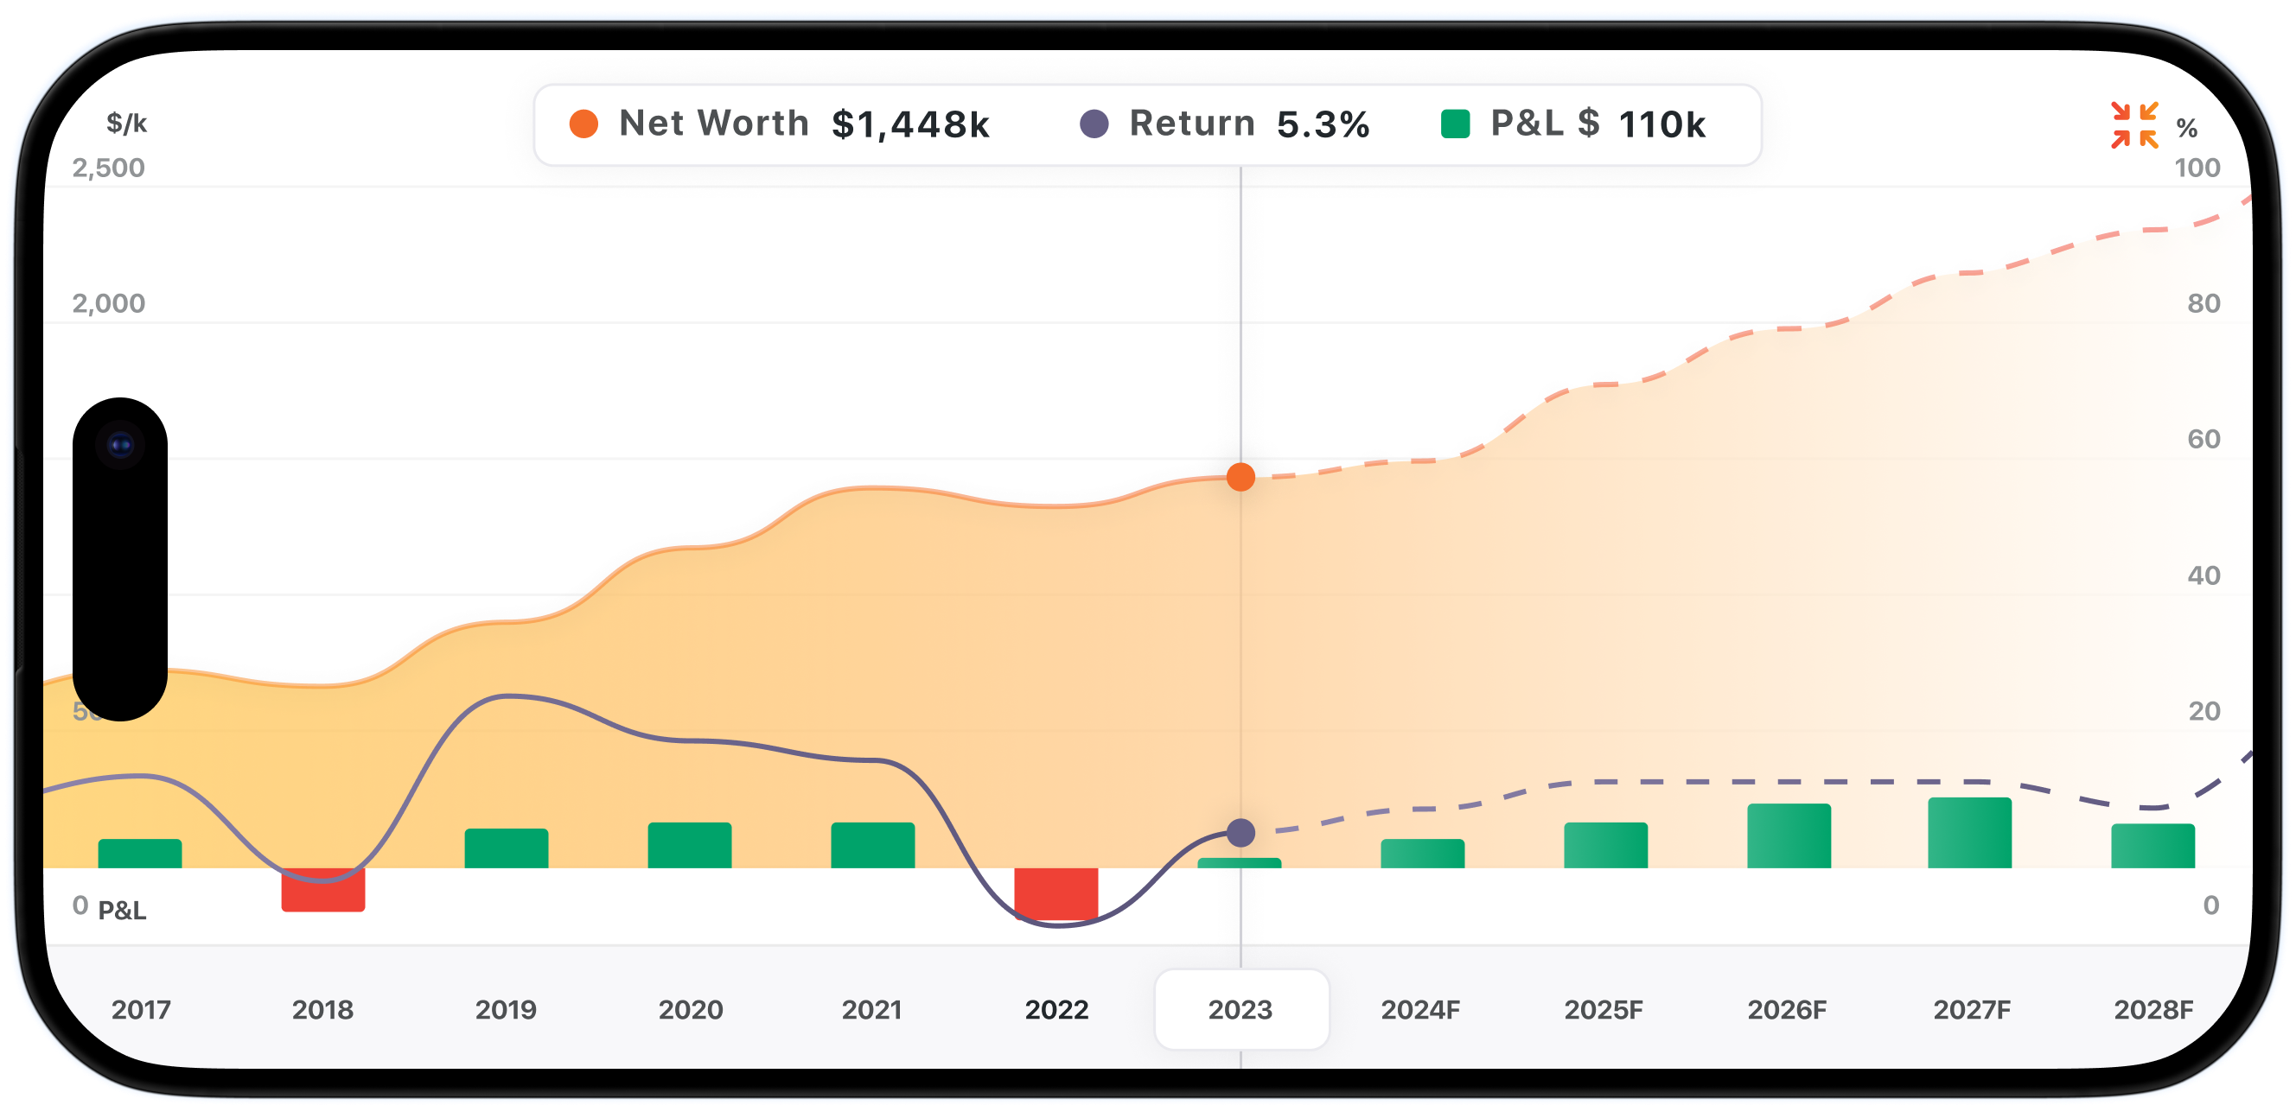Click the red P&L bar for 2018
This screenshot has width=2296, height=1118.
pos(322,890)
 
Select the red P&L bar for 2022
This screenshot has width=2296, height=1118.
pos(1056,893)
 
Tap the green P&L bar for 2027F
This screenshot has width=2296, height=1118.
pos(1969,833)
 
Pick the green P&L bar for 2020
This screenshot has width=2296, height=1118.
pos(689,845)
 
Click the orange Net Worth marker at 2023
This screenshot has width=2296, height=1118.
pos(1240,478)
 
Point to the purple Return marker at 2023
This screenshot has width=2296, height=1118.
pos(1240,833)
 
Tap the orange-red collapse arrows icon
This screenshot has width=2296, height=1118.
pos(2133,124)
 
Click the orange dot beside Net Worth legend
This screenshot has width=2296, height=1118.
pos(584,124)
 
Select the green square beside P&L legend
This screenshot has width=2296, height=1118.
pos(1455,124)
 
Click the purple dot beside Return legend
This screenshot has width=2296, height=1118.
pos(1094,124)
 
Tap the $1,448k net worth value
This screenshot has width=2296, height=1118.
pos(910,124)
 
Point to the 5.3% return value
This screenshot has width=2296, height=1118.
pos(1323,124)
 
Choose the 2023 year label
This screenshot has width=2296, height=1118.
pos(1240,1009)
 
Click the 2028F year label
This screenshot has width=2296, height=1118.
pos(2152,1009)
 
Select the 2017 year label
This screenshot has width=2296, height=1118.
pos(141,1009)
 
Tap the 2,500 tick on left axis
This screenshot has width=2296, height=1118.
pos(109,168)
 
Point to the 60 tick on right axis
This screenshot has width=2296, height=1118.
pos(2204,438)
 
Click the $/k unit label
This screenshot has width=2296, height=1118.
pos(126,123)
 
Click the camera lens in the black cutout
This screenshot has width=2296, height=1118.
pos(120,445)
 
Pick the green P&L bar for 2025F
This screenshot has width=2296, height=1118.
pos(1605,845)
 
